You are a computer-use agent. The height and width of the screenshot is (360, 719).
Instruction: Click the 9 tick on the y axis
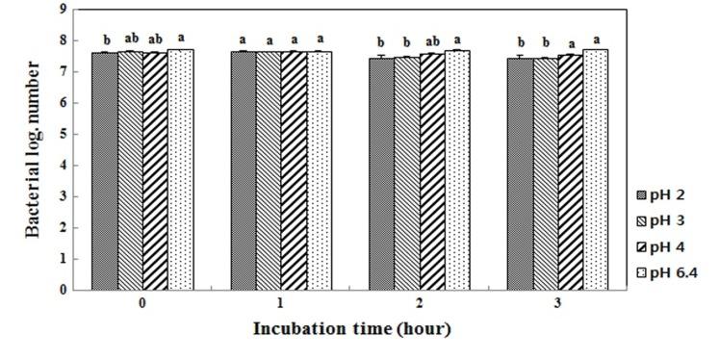pyautogui.click(x=64, y=10)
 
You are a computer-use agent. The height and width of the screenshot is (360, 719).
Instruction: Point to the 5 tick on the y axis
pyautogui.click(x=64, y=134)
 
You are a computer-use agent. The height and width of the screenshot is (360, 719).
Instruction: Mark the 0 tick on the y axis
pyautogui.click(x=64, y=289)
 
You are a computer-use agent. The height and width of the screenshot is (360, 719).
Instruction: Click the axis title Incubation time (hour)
pyautogui.click(x=351, y=328)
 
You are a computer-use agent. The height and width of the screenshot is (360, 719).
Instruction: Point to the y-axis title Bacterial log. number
pyautogui.click(x=34, y=149)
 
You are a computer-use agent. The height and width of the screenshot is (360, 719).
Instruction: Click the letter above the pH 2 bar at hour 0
pyautogui.click(x=106, y=40)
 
